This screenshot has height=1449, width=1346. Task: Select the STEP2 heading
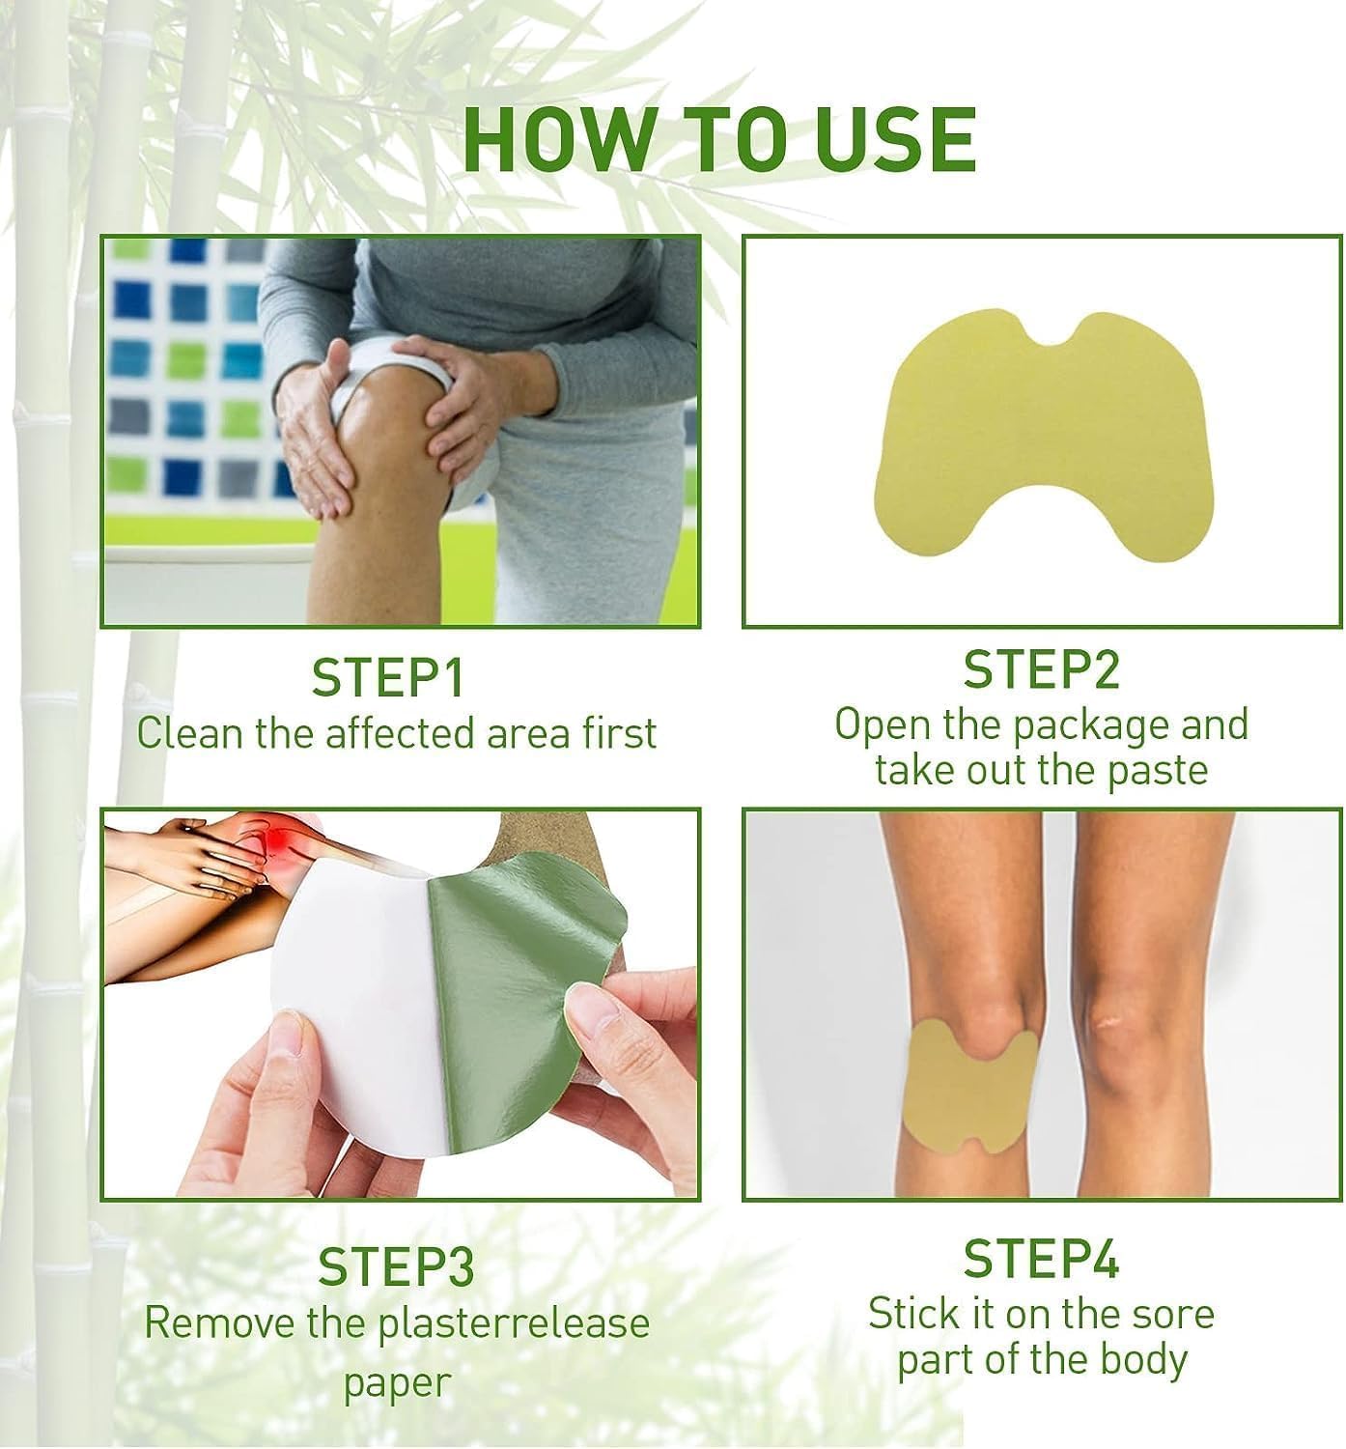click(x=1041, y=669)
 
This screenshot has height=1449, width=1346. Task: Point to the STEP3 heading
click(x=396, y=1267)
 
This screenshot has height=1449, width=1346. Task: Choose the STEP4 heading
click(x=1041, y=1259)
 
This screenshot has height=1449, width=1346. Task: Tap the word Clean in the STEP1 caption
click(x=189, y=733)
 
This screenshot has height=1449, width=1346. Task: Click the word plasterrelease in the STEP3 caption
click(x=514, y=1322)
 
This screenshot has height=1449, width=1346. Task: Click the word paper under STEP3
click(x=397, y=1382)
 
